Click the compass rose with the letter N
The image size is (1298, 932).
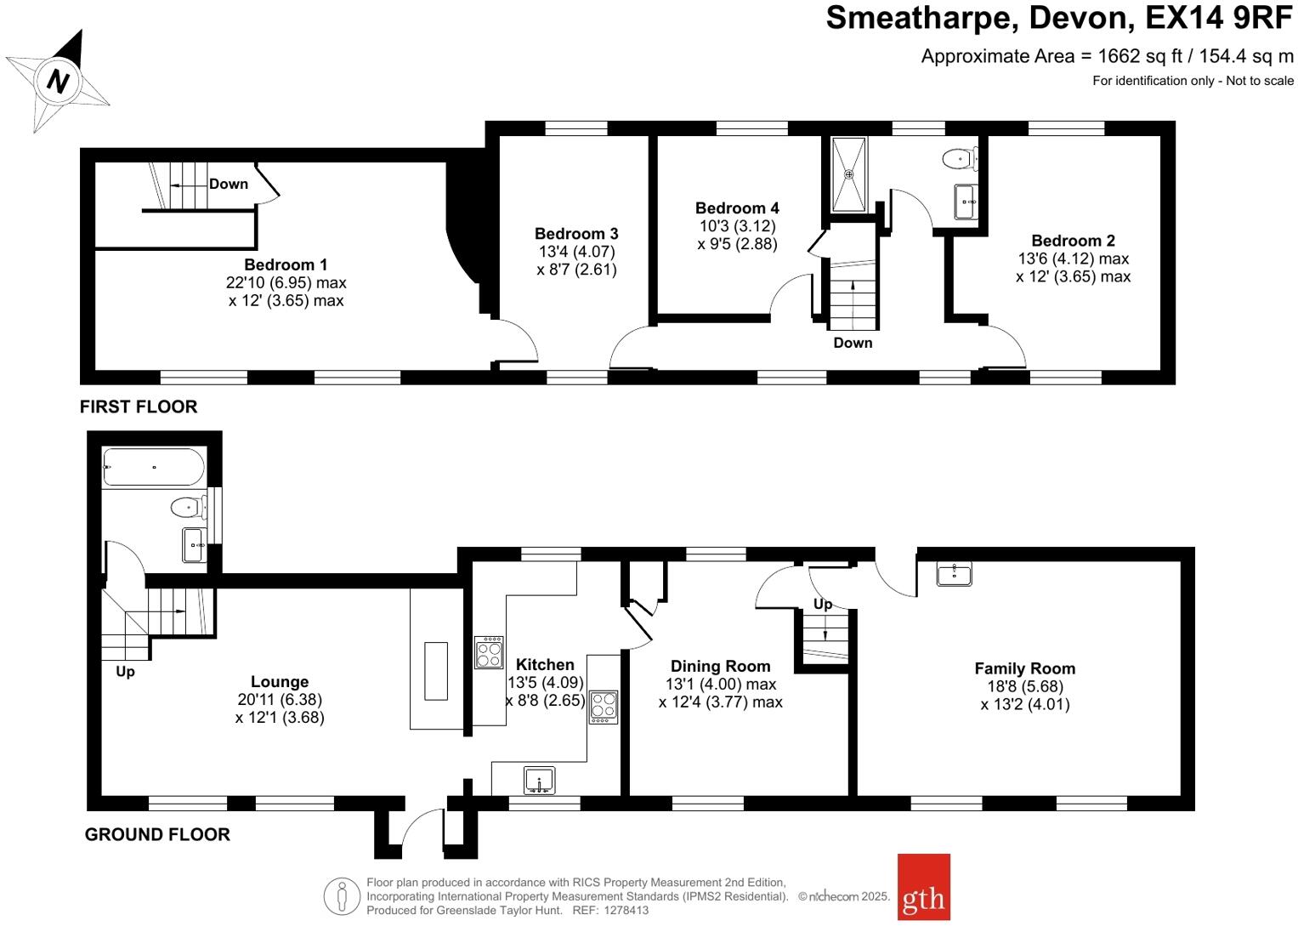(x=58, y=81)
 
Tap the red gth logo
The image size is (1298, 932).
(x=923, y=887)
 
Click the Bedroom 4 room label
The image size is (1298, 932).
(x=736, y=208)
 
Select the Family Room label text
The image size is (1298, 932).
(x=1024, y=668)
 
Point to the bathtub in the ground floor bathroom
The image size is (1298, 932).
(x=154, y=467)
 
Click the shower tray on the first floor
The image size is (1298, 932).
(x=848, y=174)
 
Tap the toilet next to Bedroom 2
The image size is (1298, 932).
(x=961, y=158)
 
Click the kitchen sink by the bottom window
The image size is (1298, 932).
(x=539, y=780)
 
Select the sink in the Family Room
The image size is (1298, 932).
(x=954, y=574)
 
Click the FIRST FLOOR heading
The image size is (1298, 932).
(x=139, y=406)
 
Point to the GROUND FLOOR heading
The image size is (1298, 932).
(x=157, y=834)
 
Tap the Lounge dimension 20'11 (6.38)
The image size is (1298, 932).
(x=280, y=699)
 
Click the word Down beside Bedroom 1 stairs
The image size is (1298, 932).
(x=228, y=184)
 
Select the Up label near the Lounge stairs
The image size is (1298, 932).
(x=125, y=672)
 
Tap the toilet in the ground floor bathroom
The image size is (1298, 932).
(x=188, y=508)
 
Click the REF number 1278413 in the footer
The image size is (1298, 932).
(x=626, y=910)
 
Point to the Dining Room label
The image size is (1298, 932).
(x=720, y=666)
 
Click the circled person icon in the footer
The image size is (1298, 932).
(x=342, y=895)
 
